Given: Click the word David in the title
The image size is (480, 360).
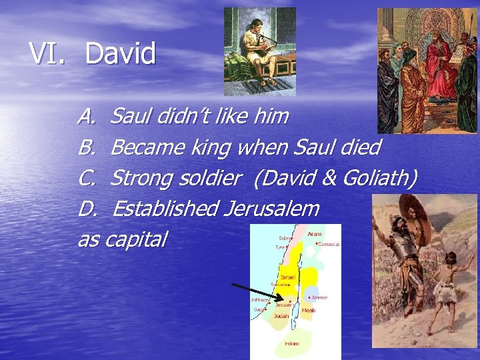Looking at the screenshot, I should click(x=120, y=54).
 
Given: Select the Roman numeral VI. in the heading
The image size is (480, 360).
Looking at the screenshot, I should click(x=48, y=54).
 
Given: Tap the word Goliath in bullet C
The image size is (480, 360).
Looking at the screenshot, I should click(x=379, y=178).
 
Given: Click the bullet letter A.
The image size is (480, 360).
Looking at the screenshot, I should click(x=86, y=117).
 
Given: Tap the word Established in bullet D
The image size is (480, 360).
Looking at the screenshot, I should click(x=165, y=209).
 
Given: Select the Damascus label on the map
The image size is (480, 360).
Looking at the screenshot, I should click(x=329, y=245).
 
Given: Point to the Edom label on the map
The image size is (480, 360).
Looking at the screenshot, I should click(x=292, y=343).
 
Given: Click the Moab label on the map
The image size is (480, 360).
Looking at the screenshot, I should click(x=308, y=310).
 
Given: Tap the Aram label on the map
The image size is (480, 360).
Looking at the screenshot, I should click(x=315, y=235).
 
